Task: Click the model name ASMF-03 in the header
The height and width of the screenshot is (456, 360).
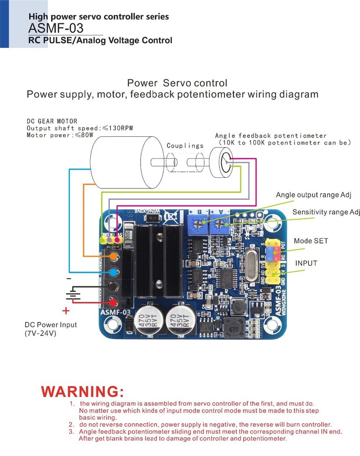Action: click(56, 28)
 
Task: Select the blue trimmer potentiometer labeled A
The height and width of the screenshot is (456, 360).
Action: click(221, 224)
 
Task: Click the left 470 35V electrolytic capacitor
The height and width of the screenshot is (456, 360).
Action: click(149, 319)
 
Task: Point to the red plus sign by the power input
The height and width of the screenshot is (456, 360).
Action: click(66, 311)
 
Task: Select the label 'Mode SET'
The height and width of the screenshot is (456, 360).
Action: click(311, 241)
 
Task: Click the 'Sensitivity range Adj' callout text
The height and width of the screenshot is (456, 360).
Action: click(326, 212)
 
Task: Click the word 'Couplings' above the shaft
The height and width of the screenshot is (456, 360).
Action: click(185, 145)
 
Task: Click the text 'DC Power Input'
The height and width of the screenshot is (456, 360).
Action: click(51, 325)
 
